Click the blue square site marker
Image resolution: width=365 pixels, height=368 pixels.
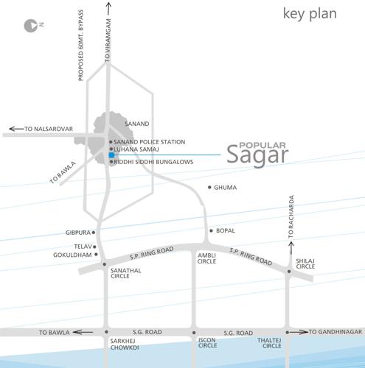click(111, 155)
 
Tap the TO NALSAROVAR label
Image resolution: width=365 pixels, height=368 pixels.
click(49, 130)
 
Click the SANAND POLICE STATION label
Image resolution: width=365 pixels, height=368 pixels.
click(150, 141)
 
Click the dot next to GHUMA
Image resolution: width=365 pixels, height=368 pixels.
click(210, 188)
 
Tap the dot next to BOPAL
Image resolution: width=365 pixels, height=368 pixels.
click(211, 230)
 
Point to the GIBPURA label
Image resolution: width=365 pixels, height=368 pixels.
click(77, 233)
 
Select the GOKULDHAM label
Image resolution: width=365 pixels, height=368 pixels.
click(74, 255)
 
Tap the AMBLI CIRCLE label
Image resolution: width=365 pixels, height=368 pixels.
click(206, 258)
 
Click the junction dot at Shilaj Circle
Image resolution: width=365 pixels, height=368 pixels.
click(289, 271)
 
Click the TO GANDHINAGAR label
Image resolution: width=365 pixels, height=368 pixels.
click(336, 333)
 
